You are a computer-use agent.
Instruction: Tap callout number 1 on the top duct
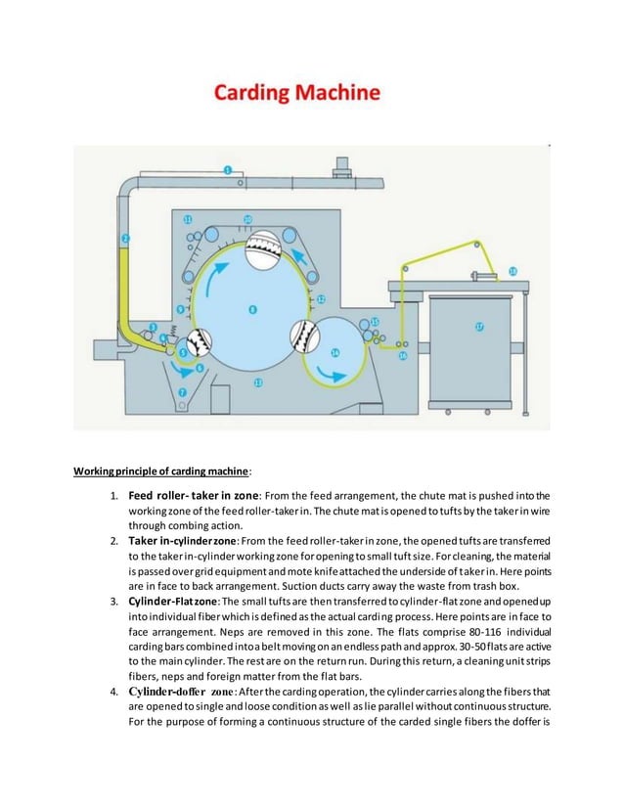pyautogui.click(x=228, y=170)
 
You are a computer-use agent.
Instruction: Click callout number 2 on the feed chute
pyautogui.click(x=125, y=238)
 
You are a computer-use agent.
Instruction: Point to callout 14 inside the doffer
pyautogui.click(x=335, y=352)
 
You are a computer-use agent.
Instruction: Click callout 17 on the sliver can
pyautogui.click(x=479, y=327)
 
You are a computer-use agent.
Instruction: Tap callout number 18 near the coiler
pyautogui.click(x=513, y=271)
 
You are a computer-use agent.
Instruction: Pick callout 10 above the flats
pyautogui.click(x=247, y=219)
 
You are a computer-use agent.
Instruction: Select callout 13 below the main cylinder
pyautogui.click(x=257, y=382)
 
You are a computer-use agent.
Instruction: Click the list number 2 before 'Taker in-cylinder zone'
pyautogui.click(x=113, y=540)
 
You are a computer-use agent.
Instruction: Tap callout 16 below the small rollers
pyautogui.click(x=402, y=357)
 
